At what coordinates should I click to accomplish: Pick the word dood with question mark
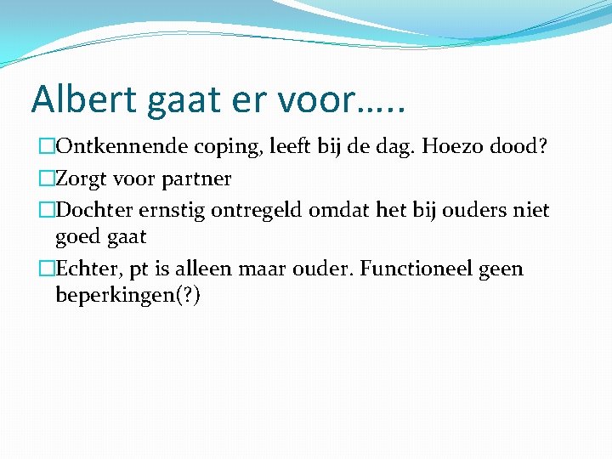point(518,147)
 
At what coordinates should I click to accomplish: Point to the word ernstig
point(174,210)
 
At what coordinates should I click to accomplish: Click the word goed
point(75,236)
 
